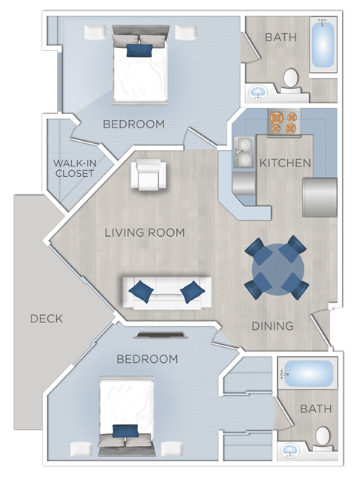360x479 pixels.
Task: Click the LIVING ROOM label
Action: click(x=144, y=232)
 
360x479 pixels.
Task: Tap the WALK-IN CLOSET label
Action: click(x=73, y=168)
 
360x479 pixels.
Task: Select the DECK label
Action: click(x=46, y=319)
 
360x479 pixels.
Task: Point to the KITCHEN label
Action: click(x=285, y=163)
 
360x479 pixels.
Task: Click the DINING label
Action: click(x=272, y=326)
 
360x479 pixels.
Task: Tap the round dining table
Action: click(x=277, y=268)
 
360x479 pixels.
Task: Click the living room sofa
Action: click(x=167, y=292)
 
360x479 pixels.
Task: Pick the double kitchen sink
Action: click(x=243, y=154)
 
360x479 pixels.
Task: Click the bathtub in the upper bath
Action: click(x=323, y=46)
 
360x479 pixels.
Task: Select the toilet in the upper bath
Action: click(x=290, y=79)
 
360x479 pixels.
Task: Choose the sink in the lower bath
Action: click(x=289, y=451)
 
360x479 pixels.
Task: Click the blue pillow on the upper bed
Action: click(x=139, y=50)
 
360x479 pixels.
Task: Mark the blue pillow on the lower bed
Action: click(x=125, y=431)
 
